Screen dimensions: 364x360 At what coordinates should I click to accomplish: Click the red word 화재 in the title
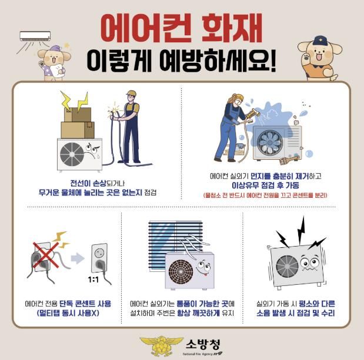pyautogui.click(x=232, y=28)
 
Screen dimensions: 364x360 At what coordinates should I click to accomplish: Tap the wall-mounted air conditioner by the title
pyautogui.click(x=35, y=36)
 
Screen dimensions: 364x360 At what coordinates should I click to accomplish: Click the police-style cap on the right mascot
pyautogui.click(x=320, y=41)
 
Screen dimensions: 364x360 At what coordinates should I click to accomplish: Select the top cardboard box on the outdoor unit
pyautogui.click(x=78, y=115)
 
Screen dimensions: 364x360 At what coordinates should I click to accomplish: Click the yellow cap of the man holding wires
pyautogui.click(x=131, y=93)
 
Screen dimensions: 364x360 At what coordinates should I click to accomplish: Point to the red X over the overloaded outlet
pyautogui.click(x=46, y=255)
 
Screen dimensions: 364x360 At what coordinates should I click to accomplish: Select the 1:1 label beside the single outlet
pyautogui.click(x=93, y=280)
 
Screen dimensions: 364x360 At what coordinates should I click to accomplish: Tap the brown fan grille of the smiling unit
pyautogui.click(x=181, y=272)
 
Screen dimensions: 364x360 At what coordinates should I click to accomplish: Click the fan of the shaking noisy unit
pyautogui.click(x=287, y=267)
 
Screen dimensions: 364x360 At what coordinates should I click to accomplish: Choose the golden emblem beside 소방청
pyautogui.click(x=162, y=346)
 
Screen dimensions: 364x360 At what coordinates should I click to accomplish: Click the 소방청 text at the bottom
pyautogui.click(x=203, y=345)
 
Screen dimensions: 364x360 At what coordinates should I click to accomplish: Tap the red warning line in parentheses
pyautogui.click(x=265, y=196)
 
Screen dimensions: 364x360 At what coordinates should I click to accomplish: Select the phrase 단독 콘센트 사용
pyautogui.click(x=85, y=304)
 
